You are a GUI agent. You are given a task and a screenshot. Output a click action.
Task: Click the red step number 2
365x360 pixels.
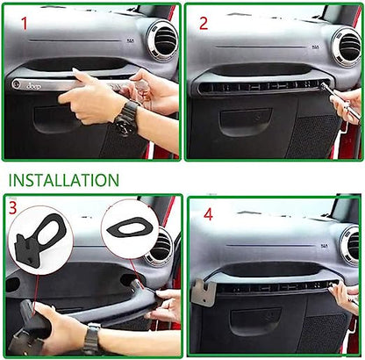(204, 23)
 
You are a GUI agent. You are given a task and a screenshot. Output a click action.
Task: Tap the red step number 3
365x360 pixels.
(13, 208)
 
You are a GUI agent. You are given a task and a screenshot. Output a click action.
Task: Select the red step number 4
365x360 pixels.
(207, 213)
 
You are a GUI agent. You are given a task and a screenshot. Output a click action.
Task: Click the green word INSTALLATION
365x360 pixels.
(62, 180)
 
